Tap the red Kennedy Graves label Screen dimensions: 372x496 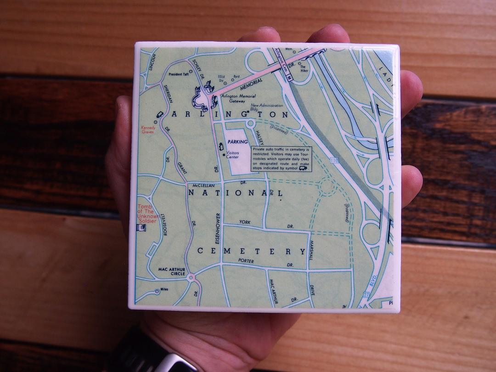pyautogui.click(x=148, y=130)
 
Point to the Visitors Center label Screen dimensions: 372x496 pyautogui.click(x=232, y=155)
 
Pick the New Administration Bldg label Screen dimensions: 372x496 pyautogui.click(x=267, y=107)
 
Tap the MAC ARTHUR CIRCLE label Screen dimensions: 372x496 pyautogui.click(x=171, y=271)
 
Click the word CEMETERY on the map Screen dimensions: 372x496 pyautogui.click(x=251, y=251)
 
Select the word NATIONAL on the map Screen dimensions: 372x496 pyautogui.click(x=235, y=193)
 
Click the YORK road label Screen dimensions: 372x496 pyautogui.click(x=245, y=222)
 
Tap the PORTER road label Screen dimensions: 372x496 pyautogui.click(x=246, y=261)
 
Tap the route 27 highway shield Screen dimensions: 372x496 pyautogui.click(x=366, y=293)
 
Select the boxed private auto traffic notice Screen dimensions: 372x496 pyautogui.click(x=282, y=159)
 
